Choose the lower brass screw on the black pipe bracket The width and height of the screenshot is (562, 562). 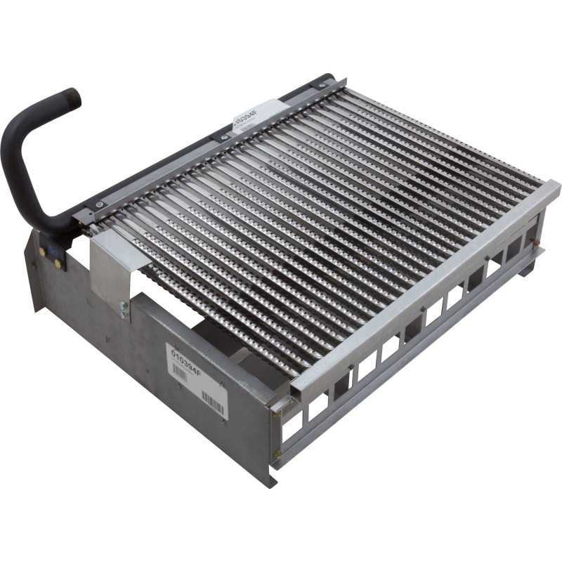[x=58, y=263]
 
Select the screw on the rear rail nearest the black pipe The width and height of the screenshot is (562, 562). [x=99, y=204]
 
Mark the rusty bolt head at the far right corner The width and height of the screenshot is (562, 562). [x=537, y=243]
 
